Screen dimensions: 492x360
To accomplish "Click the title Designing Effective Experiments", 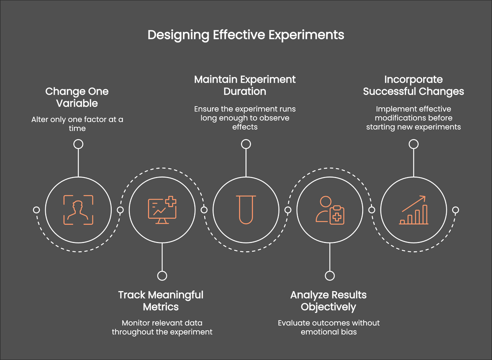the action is pyautogui.click(x=246, y=35).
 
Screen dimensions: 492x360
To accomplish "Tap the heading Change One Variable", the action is pyautogui.click(x=77, y=97).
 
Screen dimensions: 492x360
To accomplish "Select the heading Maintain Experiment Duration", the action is pyautogui.click(x=245, y=85).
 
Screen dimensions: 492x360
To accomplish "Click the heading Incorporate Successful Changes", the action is pyautogui.click(x=413, y=85).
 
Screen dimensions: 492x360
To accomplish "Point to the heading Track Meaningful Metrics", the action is pyautogui.click(x=161, y=300).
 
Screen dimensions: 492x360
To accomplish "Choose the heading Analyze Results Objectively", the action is pyautogui.click(x=329, y=300).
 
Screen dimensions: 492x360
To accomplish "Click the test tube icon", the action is pyautogui.click(x=246, y=210).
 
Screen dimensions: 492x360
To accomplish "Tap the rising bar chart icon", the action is pyautogui.click(x=413, y=210).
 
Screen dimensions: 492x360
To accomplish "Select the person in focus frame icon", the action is pyautogui.click(x=78, y=210).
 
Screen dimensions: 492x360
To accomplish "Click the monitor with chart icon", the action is pyautogui.click(x=162, y=210).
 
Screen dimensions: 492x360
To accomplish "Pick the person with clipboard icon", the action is pyautogui.click(x=329, y=210).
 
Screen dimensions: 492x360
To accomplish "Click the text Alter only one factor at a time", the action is pyautogui.click(x=77, y=123).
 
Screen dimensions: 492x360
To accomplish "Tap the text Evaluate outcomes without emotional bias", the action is pyautogui.click(x=329, y=327).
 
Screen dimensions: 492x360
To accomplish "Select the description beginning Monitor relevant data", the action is pyautogui.click(x=162, y=327).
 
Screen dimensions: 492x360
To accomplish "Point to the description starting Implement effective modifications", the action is pyautogui.click(x=413, y=118).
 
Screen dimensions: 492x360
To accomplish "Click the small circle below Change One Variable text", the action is pyautogui.click(x=78, y=144).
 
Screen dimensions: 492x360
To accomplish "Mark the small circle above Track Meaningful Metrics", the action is pyautogui.click(x=162, y=276).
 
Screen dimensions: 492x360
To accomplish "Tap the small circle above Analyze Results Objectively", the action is pyautogui.click(x=330, y=276).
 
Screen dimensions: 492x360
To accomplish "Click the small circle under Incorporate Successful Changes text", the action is pyautogui.click(x=414, y=144).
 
